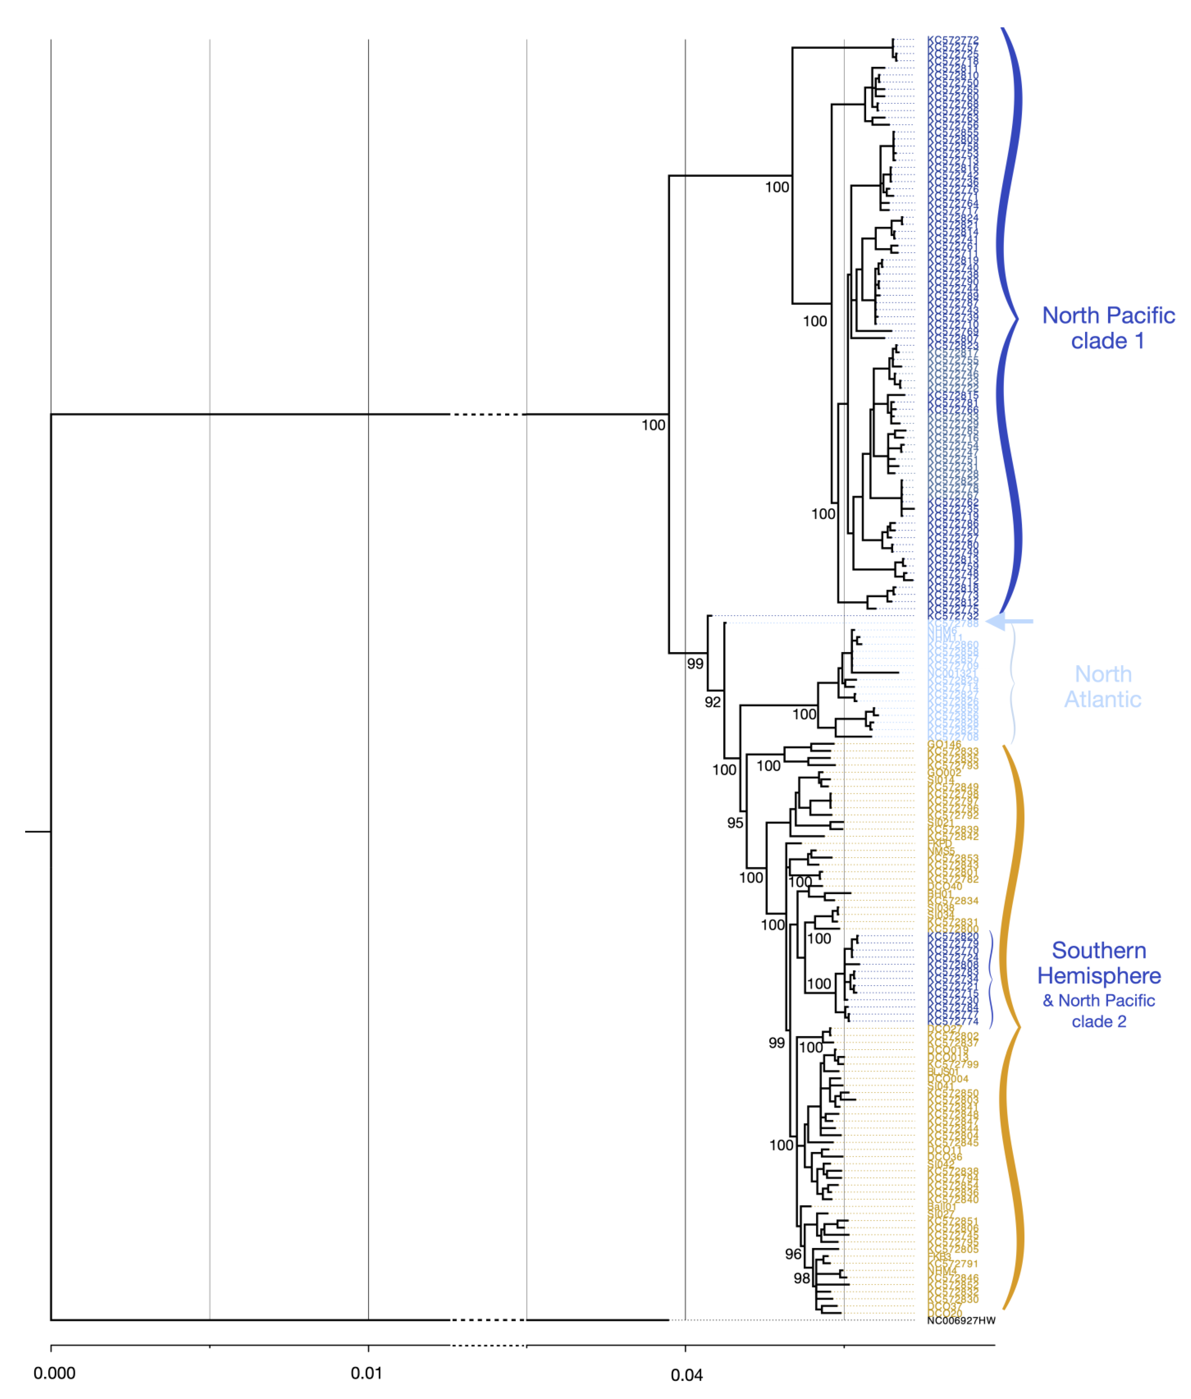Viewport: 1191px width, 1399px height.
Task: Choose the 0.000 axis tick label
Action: (x=54, y=1373)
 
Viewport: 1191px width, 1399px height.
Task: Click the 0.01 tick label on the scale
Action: (x=367, y=1373)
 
